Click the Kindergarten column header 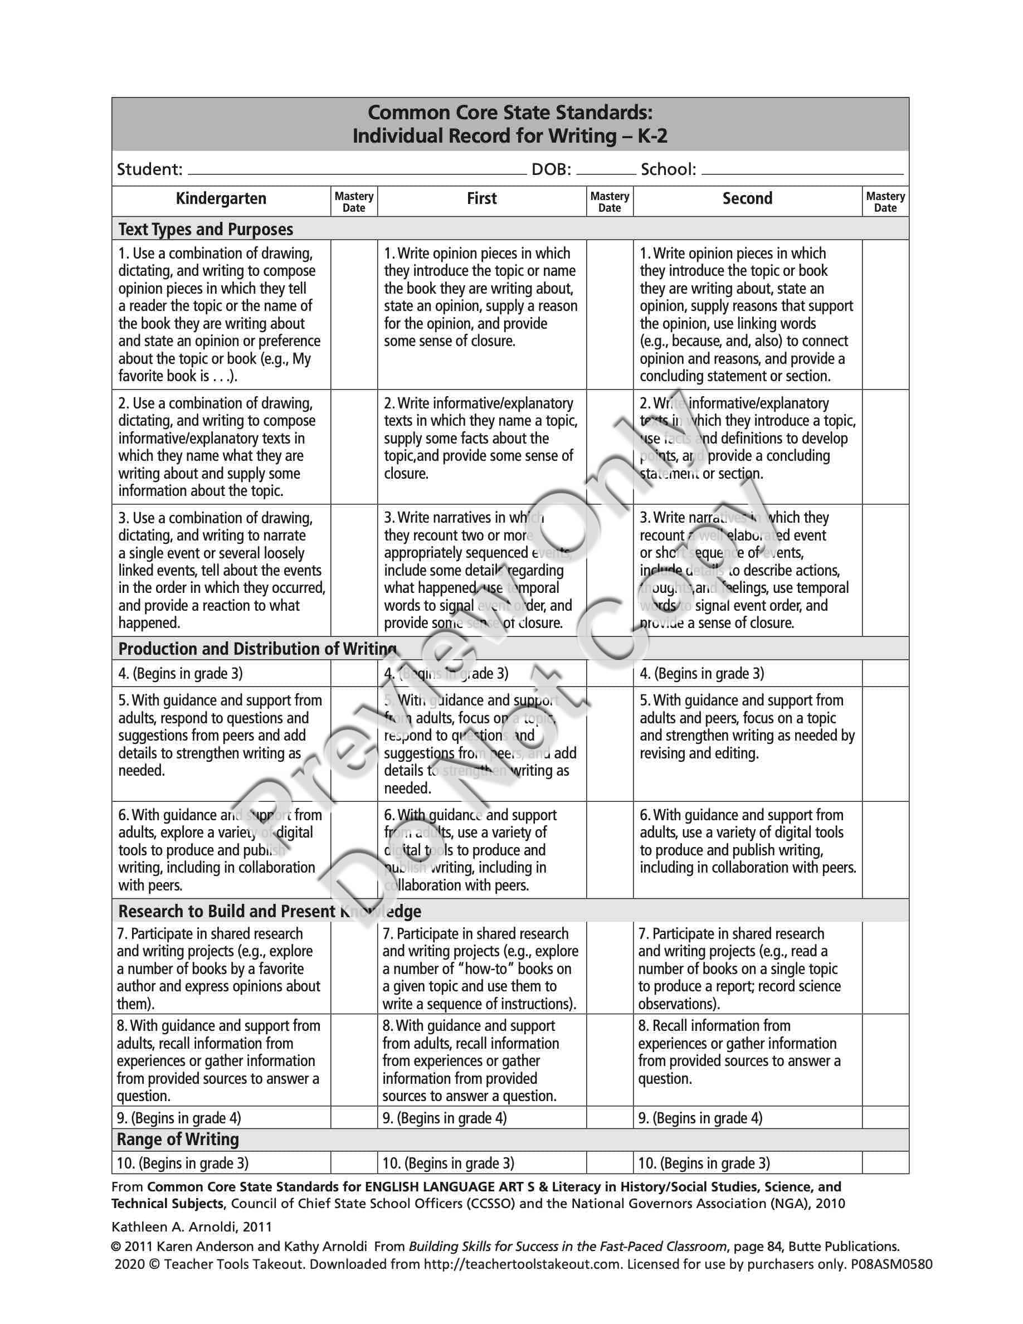click(x=221, y=199)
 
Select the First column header click(x=481, y=199)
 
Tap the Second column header click(x=747, y=199)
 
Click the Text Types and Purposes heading click(x=206, y=229)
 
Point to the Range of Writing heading click(x=178, y=1139)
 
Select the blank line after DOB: click(x=606, y=171)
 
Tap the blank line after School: click(x=801, y=171)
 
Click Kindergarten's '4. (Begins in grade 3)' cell click(x=181, y=674)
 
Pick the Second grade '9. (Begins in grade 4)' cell click(x=700, y=1118)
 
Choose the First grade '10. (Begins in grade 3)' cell click(x=449, y=1164)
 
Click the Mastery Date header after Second click(x=885, y=202)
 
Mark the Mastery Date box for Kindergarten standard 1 click(x=354, y=314)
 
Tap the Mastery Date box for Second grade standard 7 click(x=885, y=968)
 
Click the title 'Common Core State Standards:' click(x=510, y=113)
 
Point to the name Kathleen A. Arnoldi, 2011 click(x=192, y=1226)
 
